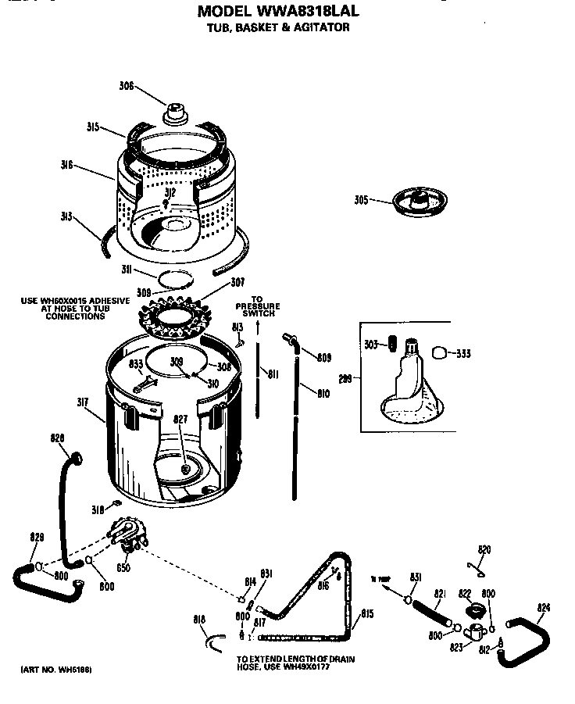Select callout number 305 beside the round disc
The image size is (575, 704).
360,199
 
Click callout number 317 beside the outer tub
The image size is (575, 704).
83,402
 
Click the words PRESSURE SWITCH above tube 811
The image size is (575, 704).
257,310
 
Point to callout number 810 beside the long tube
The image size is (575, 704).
322,394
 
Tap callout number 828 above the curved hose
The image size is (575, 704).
58,438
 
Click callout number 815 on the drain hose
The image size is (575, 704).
366,613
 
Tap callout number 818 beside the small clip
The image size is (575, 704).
199,620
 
